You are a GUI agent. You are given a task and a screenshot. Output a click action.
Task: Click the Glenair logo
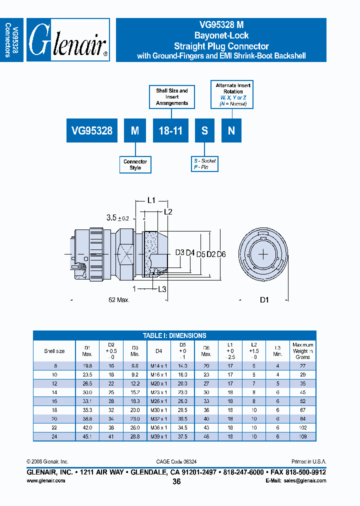point(68,40)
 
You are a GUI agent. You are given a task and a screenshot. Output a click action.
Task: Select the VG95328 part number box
point(92,131)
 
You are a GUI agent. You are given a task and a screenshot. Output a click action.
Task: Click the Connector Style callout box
point(135,164)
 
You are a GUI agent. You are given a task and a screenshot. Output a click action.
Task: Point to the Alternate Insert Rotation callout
point(233,95)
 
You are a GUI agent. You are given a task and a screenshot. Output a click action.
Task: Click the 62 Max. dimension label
point(119,300)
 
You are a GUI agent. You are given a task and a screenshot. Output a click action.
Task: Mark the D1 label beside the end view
point(264,300)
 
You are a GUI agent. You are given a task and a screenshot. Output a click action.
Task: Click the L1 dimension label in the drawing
point(151,200)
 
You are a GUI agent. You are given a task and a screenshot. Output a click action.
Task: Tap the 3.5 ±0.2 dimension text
point(118,218)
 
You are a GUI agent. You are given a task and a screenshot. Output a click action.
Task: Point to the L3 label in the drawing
point(162,289)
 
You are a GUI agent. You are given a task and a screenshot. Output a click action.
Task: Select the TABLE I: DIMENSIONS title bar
point(174,335)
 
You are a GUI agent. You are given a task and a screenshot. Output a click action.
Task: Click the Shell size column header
point(54,351)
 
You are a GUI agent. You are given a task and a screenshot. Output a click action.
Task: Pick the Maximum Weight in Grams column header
point(302,351)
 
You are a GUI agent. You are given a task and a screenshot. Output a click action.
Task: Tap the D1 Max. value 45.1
point(87,436)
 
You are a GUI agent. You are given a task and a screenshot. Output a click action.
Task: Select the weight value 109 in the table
point(302,436)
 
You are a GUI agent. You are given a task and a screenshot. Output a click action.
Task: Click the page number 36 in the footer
point(176,481)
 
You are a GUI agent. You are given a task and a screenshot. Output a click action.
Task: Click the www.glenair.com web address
point(45,480)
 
